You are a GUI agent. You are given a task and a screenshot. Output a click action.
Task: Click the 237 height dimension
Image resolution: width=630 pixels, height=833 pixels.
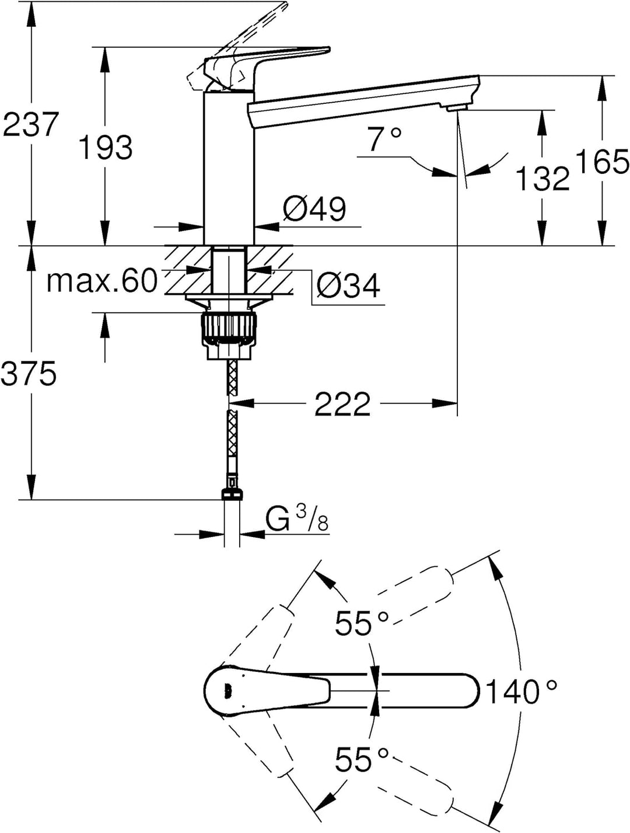(30, 124)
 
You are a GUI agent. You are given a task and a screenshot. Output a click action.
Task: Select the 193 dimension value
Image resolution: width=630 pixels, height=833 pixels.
(106, 148)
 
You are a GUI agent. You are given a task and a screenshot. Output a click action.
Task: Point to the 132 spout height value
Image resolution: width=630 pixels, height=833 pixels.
(543, 179)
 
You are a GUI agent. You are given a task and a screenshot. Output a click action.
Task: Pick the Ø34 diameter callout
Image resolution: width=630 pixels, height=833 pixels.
(348, 285)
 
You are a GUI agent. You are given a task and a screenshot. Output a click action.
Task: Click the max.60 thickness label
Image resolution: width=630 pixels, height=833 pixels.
(102, 281)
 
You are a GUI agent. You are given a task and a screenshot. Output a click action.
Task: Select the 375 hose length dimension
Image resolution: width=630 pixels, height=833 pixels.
(29, 374)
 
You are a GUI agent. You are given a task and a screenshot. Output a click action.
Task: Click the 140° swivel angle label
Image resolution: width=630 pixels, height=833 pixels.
(521, 692)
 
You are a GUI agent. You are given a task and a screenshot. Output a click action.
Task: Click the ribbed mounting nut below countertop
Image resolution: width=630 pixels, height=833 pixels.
(229, 325)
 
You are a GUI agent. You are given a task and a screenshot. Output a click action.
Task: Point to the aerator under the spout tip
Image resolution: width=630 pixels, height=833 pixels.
(456, 109)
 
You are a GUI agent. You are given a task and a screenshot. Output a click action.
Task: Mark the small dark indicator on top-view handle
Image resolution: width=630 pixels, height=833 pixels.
(228, 691)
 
